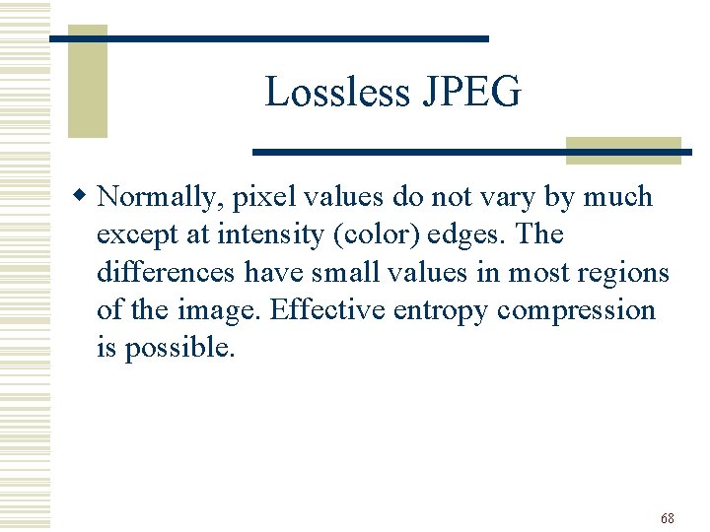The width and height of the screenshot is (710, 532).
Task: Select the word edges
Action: (469, 235)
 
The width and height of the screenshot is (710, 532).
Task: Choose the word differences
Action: (166, 273)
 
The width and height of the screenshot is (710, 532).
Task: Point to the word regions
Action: (625, 273)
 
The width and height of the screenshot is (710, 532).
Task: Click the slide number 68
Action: (668, 518)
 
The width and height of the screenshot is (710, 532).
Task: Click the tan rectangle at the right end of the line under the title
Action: (623, 150)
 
